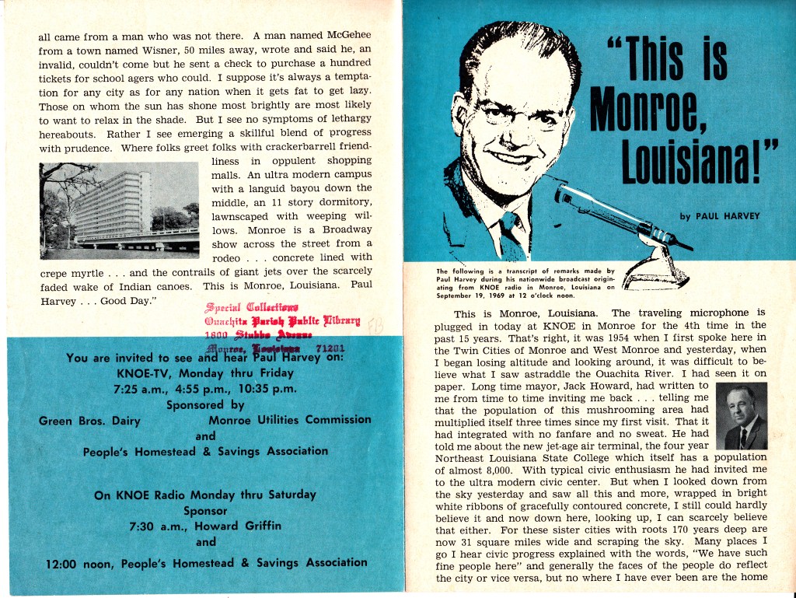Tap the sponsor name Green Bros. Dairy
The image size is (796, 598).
90,421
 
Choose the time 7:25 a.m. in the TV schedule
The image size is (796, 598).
140,388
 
